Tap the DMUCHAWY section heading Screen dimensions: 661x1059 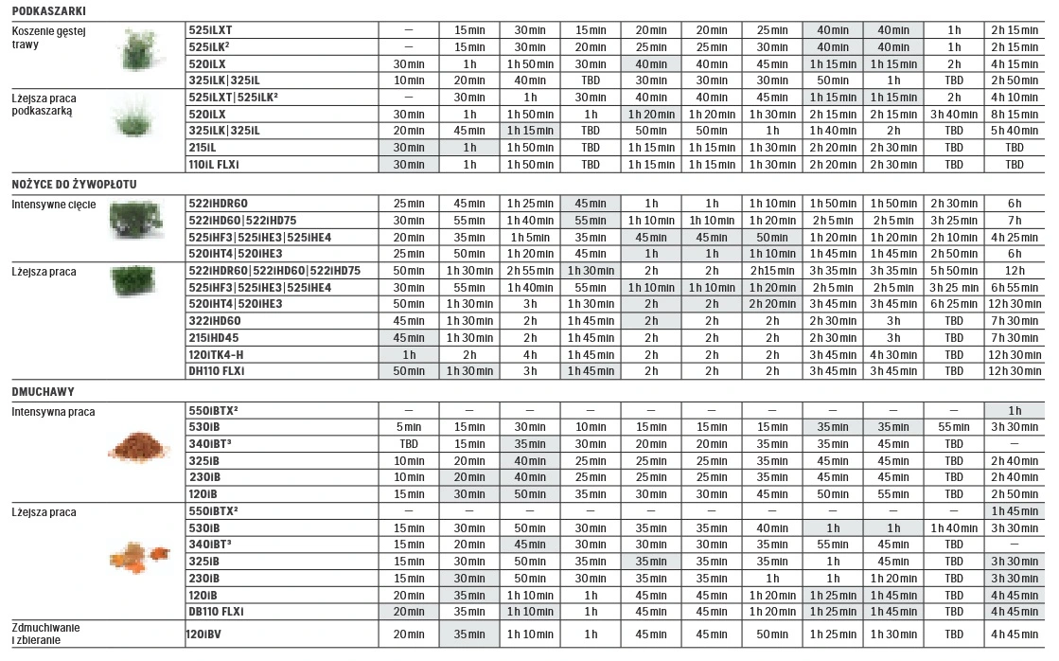point(43,390)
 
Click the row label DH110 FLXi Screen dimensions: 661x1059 point(217,369)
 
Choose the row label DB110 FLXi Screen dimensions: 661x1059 point(217,611)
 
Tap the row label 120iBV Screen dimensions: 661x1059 point(205,634)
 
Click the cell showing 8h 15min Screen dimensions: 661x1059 point(1014,114)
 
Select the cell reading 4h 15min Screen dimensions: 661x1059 point(1014,63)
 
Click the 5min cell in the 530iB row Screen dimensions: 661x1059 point(409,427)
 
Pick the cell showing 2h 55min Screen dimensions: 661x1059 point(530,270)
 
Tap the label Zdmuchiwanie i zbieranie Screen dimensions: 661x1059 point(45,634)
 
